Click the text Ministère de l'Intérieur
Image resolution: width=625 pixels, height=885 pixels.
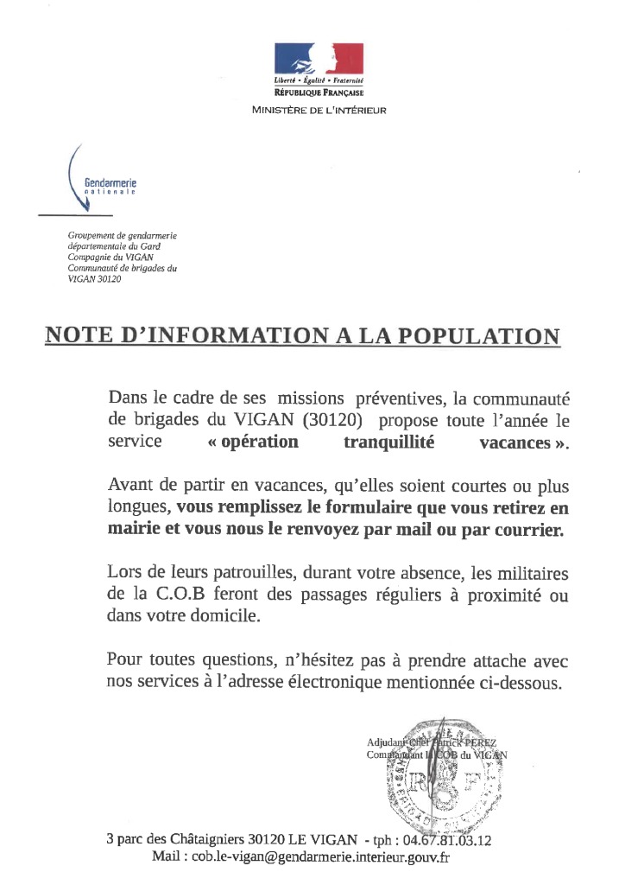point(319,110)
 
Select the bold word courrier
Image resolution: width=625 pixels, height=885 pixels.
point(529,530)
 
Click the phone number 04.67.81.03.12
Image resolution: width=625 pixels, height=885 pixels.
point(452,839)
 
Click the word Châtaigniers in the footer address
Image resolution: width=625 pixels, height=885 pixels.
point(201,839)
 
